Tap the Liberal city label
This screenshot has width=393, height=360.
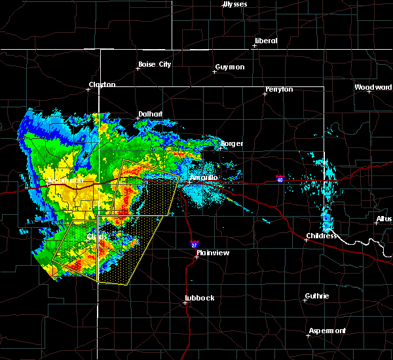click(x=266, y=41)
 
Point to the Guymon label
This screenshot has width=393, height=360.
click(x=230, y=67)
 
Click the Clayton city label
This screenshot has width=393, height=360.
click(x=102, y=84)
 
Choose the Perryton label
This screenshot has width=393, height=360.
click(x=280, y=89)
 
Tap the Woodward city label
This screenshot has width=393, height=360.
click(x=373, y=87)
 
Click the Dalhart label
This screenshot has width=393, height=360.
click(x=150, y=114)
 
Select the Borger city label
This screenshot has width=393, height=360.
click(x=232, y=143)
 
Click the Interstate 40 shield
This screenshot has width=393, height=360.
click(x=280, y=179)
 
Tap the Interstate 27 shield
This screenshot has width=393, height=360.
click(x=195, y=244)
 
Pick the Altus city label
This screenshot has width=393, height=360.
click(x=384, y=219)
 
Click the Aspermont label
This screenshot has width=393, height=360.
click(x=328, y=331)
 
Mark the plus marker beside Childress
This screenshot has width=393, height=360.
click(x=306, y=240)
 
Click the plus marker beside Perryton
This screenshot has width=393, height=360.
click(x=265, y=94)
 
